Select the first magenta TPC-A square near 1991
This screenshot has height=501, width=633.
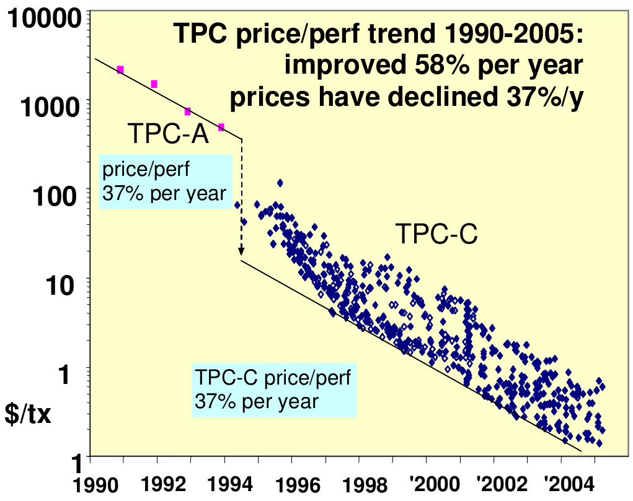(120, 70)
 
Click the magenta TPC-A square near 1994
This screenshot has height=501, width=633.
(221, 128)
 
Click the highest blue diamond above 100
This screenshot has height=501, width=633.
(280, 183)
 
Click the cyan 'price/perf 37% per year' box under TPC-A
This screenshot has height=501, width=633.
(165, 181)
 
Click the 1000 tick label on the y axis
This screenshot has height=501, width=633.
(51, 107)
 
